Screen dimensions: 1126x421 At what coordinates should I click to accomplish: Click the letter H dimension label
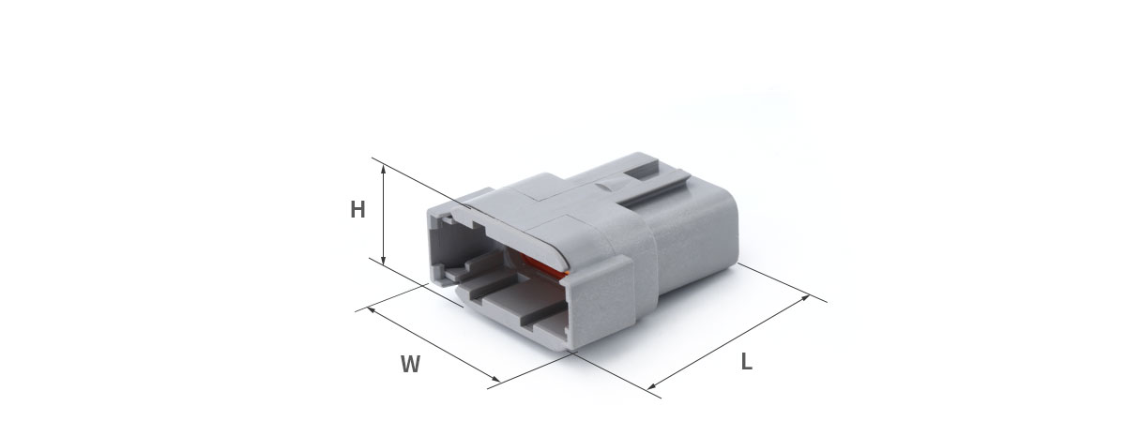[x=358, y=209]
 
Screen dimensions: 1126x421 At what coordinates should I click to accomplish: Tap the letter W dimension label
[x=410, y=364]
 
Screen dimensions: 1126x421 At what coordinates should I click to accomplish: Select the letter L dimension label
[x=747, y=362]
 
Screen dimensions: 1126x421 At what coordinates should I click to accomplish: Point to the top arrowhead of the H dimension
[x=383, y=171]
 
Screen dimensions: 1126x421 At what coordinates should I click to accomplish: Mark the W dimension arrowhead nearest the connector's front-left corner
[x=372, y=310]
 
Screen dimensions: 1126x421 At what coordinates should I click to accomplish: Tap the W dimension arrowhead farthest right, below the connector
[x=495, y=379]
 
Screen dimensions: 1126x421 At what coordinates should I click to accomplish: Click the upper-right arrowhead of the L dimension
[x=805, y=297]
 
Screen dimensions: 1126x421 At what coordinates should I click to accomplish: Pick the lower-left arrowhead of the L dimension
[x=651, y=385]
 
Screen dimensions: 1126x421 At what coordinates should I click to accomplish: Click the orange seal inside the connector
[x=543, y=265]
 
